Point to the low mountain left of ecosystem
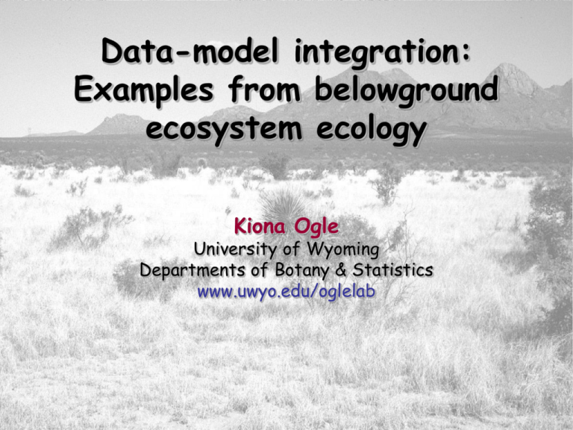tap(119, 123)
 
